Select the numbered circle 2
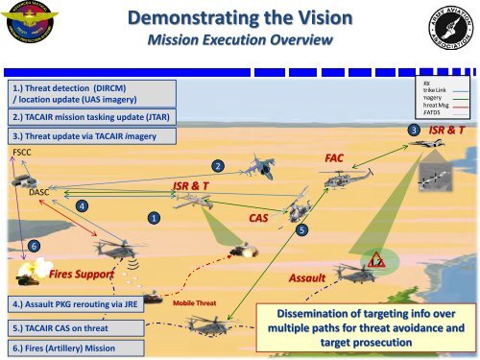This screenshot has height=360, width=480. (220, 168)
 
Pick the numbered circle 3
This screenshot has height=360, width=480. (414, 130)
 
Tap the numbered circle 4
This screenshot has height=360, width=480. (83, 205)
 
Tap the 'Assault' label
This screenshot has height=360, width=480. (308, 277)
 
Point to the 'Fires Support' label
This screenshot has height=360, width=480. (82, 275)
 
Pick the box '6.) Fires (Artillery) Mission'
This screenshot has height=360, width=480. (73, 346)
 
